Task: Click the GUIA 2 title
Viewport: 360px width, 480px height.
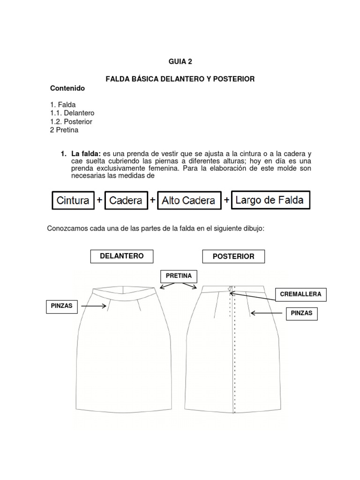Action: tap(180, 61)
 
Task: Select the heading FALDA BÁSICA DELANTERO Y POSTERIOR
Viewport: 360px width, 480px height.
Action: tap(180, 79)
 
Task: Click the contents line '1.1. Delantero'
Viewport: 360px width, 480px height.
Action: tap(72, 113)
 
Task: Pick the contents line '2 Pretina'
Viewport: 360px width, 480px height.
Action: tap(64, 130)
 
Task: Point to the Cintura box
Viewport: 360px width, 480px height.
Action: tap(73, 201)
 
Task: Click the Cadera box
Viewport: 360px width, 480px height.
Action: tap(126, 201)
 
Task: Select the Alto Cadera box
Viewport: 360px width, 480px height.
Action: tap(189, 201)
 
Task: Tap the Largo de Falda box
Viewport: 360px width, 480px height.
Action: tap(270, 200)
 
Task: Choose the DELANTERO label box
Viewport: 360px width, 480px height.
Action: tap(121, 256)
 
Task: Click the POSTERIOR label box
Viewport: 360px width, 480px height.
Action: tap(233, 256)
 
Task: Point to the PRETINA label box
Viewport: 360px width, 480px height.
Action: tap(179, 276)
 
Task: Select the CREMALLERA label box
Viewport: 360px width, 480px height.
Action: tap(300, 294)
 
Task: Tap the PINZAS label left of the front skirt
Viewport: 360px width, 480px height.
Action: tap(62, 306)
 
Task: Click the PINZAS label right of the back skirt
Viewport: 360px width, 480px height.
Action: tap(301, 313)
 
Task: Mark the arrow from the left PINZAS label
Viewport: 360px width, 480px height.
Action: tap(94, 306)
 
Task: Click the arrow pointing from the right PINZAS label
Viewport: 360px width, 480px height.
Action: tap(266, 313)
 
